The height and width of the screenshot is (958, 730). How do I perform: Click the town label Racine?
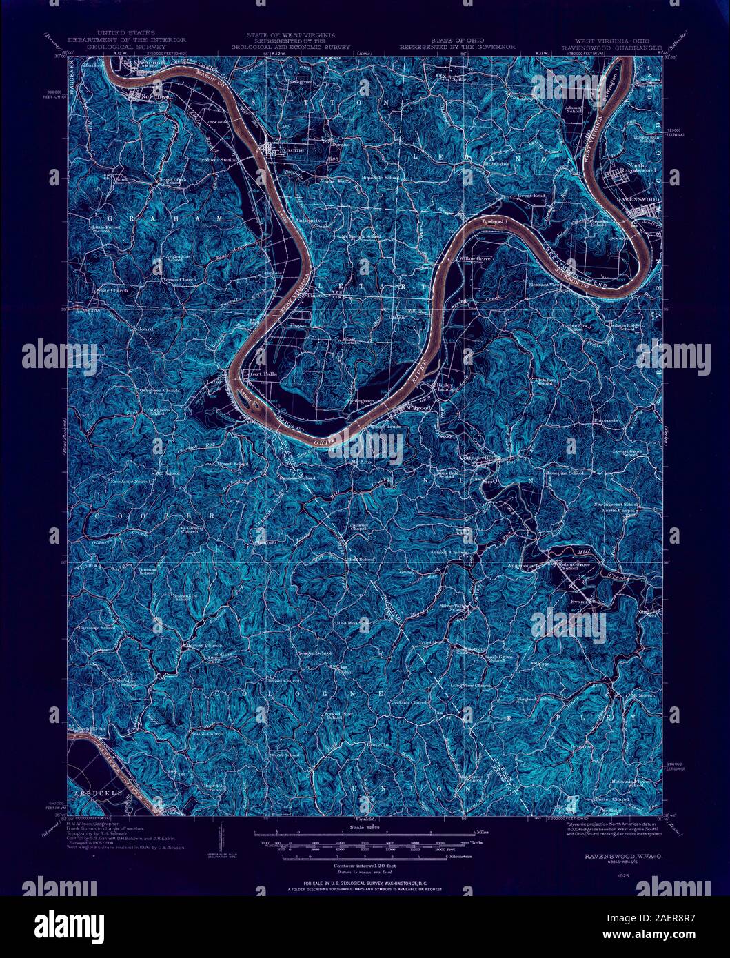(299, 148)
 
